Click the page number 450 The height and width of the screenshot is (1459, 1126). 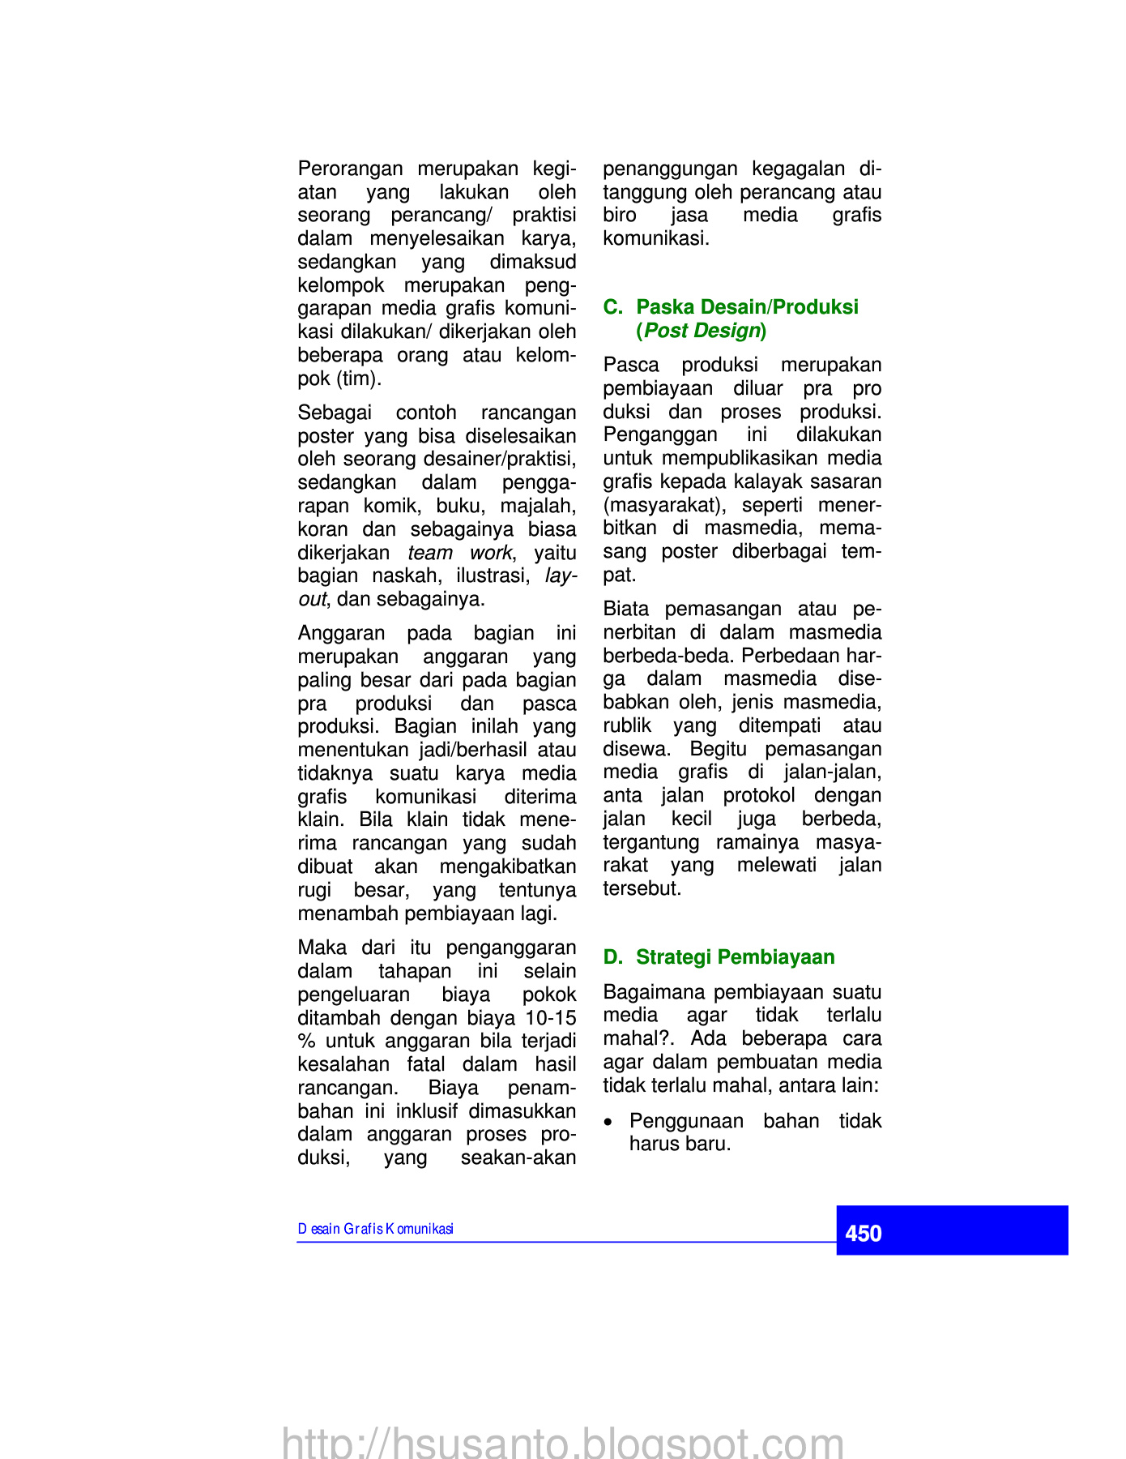863,1233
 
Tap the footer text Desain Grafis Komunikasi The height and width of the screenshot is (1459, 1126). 375,1229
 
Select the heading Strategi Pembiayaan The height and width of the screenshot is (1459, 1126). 735,957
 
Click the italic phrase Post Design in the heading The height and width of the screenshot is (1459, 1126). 702,331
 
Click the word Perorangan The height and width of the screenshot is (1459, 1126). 350,169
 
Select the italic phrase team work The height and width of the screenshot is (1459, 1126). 459,553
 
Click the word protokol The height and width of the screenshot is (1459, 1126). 759,795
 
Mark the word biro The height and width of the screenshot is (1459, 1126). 620,215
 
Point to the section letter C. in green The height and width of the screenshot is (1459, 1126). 612,307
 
